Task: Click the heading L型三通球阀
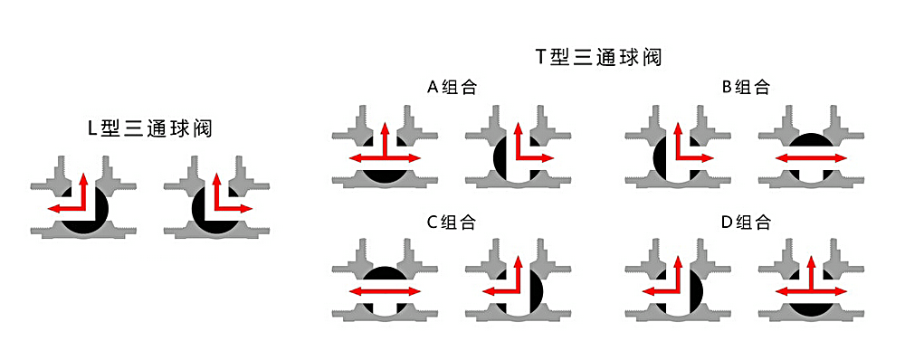(149, 128)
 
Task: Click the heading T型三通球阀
(598, 58)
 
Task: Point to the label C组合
(451, 222)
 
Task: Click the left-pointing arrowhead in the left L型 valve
(52, 209)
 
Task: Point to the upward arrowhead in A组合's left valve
(385, 126)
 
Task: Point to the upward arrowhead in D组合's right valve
(810, 261)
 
